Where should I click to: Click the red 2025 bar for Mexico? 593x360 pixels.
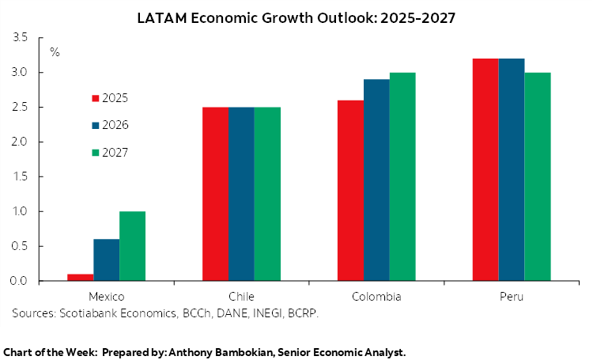pyautogui.click(x=80, y=277)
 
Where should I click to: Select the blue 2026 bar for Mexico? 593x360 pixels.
pyautogui.click(x=106, y=260)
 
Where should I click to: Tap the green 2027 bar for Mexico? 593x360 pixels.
pyautogui.click(x=132, y=246)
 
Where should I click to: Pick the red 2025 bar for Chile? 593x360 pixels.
pyautogui.click(x=215, y=194)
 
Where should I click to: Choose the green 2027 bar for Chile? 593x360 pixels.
pyautogui.click(x=267, y=194)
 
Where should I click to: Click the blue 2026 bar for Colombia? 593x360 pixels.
pyautogui.click(x=376, y=180)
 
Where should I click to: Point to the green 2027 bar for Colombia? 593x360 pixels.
pyautogui.click(x=402, y=176)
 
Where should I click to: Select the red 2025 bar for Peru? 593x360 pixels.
pyautogui.click(x=485, y=169)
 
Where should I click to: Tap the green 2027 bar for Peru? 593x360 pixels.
pyautogui.click(x=538, y=176)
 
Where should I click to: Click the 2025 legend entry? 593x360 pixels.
pyautogui.click(x=110, y=98)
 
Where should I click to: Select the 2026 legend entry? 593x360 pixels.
pyautogui.click(x=110, y=125)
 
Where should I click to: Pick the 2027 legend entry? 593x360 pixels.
pyautogui.click(x=110, y=152)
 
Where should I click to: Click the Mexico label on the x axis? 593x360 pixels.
pyautogui.click(x=106, y=297)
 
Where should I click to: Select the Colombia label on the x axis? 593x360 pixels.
pyautogui.click(x=376, y=297)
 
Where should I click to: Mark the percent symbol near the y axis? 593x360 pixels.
pyautogui.click(x=55, y=52)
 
